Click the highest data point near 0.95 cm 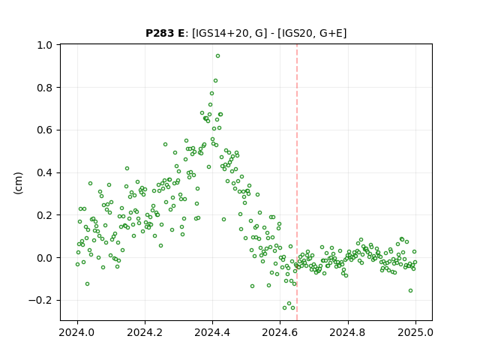pyautogui.click(x=217, y=56)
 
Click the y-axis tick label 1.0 pyautogui.click(x=44, y=45)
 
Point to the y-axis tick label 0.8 pyautogui.click(x=44, y=88)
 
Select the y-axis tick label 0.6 pyautogui.click(x=44, y=130)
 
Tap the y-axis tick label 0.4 pyautogui.click(x=44, y=173)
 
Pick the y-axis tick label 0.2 pyautogui.click(x=44, y=215)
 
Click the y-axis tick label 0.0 pyautogui.click(x=44, y=258)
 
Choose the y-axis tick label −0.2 pyautogui.click(x=40, y=301)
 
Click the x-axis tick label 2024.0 pyautogui.click(x=76, y=332)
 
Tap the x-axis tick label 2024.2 pyautogui.click(x=145, y=332)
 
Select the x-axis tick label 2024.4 pyautogui.click(x=212, y=332)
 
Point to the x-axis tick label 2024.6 pyautogui.click(x=280, y=332)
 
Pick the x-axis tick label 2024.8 pyautogui.click(x=347, y=332)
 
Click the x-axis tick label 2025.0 pyautogui.click(x=415, y=332)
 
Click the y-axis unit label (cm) pyautogui.click(x=18, y=183)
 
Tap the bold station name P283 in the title pyautogui.click(x=159, y=33)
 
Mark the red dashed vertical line pyautogui.click(x=297, y=182)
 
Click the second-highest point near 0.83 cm pyautogui.click(x=215, y=81)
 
